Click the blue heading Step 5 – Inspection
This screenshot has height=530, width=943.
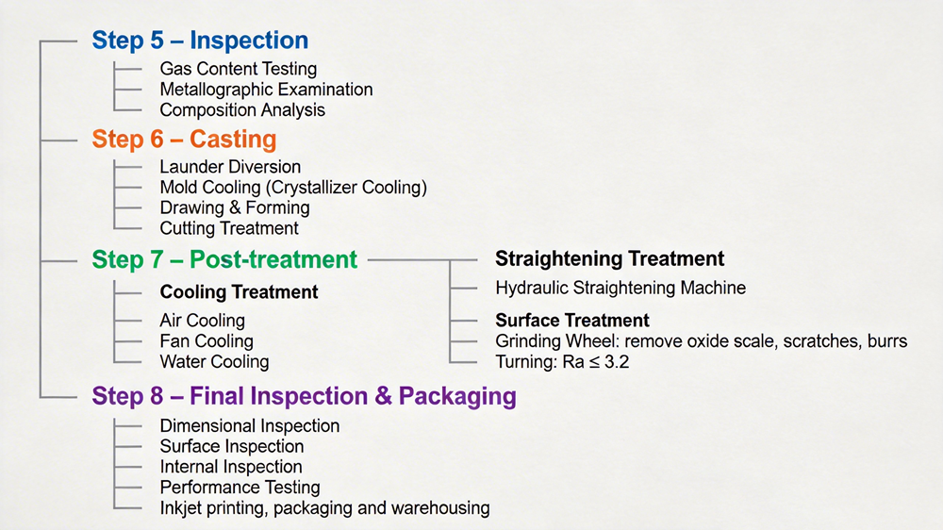pyautogui.click(x=200, y=41)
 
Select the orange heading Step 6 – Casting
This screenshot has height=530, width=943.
pyautogui.click(x=184, y=139)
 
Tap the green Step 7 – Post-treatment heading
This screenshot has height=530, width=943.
pyautogui.click(x=224, y=260)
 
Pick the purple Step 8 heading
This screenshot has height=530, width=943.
pyautogui.click(x=304, y=396)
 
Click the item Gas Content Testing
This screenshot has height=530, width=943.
pyautogui.click(x=239, y=69)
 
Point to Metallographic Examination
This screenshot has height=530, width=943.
pyautogui.click(x=267, y=90)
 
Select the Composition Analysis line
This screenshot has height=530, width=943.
pyautogui.click(x=242, y=110)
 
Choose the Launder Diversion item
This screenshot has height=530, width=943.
pyautogui.click(x=230, y=167)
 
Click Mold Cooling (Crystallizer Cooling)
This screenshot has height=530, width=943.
pyautogui.click(x=293, y=188)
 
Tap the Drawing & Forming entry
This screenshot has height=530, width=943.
pyautogui.click(x=235, y=208)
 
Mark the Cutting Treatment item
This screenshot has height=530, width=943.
pyautogui.click(x=229, y=228)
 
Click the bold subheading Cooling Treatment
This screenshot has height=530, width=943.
pyautogui.click(x=239, y=291)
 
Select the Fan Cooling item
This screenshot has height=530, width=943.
pyautogui.click(x=207, y=341)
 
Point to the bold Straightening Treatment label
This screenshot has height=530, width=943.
pyautogui.click(x=610, y=258)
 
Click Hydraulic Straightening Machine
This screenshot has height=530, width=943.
pyautogui.click(x=620, y=288)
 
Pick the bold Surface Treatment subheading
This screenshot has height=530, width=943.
pyautogui.click(x=572, y=320)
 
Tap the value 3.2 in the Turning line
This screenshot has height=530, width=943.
pyautogui.click(x=617, y=362)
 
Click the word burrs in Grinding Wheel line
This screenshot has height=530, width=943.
pyautogui.click(x=887, y=341)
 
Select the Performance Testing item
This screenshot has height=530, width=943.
pyautogui.click(x=240, y=488)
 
